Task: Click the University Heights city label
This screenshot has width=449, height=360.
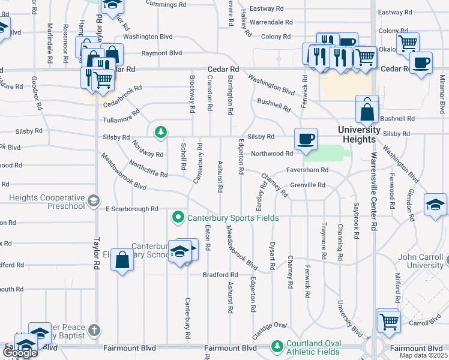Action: pos(359,134)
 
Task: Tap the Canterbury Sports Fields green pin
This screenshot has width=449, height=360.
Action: pos(178,217)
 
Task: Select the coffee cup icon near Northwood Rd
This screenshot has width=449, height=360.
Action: pos(306,139)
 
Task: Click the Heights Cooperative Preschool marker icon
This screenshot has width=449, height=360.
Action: pos(93,201)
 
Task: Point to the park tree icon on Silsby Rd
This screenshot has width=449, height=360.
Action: pos(160,131)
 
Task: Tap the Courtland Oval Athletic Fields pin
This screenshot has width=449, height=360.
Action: pos(277,346)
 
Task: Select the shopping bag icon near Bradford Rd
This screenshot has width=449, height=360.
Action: pos(122,260)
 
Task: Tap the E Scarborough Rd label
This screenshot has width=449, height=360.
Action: pos(131,209)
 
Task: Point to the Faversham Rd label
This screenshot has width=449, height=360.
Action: pos(307,170)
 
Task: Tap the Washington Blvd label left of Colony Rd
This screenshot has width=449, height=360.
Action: pos(148,37)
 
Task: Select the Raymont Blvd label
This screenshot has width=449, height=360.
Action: pos(161,53)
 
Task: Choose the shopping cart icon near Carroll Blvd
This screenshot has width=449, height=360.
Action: pos(388,320)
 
